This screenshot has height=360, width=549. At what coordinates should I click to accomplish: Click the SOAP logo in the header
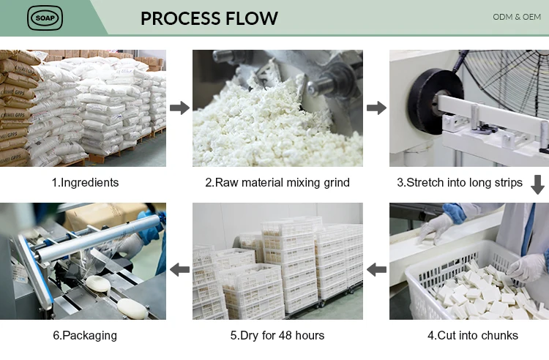pos(45,18)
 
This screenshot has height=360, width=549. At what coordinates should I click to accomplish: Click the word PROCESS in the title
pos(183,18)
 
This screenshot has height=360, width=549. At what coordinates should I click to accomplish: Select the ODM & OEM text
pos(517,16)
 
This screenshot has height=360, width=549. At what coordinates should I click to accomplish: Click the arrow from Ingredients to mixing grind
pos(179,108)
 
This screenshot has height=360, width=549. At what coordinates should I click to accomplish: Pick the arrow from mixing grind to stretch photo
pos(376,108)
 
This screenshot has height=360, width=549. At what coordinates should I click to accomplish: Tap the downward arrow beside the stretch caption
pos(538,184)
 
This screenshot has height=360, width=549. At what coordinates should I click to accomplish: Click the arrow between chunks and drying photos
pos(376,270)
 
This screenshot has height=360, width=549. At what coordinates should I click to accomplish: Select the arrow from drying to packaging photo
pos(179,270)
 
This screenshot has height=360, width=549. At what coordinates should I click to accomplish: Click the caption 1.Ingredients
pos(85,182)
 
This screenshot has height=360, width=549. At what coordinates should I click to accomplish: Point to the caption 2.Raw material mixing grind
pos(277,182)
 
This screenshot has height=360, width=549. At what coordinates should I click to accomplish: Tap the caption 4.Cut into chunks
pos(472,335)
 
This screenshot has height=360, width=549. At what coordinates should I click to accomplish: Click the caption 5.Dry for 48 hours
pos(277,335)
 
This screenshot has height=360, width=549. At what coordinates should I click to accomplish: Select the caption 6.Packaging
pos(85,335)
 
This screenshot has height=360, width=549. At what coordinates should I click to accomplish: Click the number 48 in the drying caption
pos(283,335)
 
